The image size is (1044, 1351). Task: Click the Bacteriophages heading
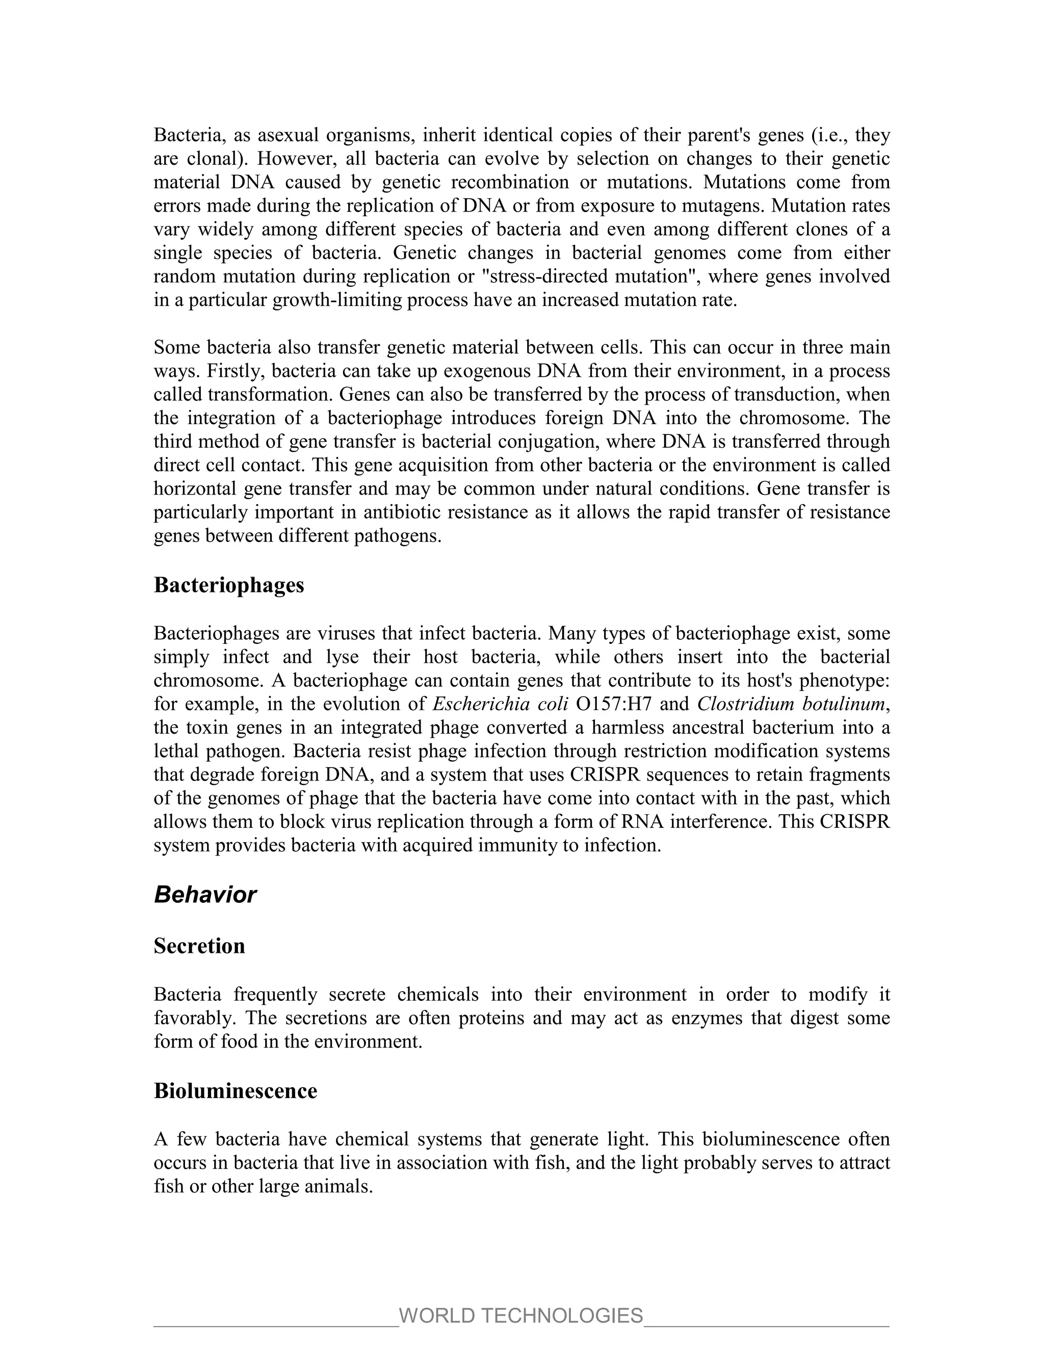(229, 585)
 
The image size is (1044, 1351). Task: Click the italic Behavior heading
(205, 895)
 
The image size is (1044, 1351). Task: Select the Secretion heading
(199, 946)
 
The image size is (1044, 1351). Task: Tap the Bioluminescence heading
(235, 1090)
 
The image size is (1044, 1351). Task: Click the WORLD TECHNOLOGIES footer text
(521, 1316)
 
